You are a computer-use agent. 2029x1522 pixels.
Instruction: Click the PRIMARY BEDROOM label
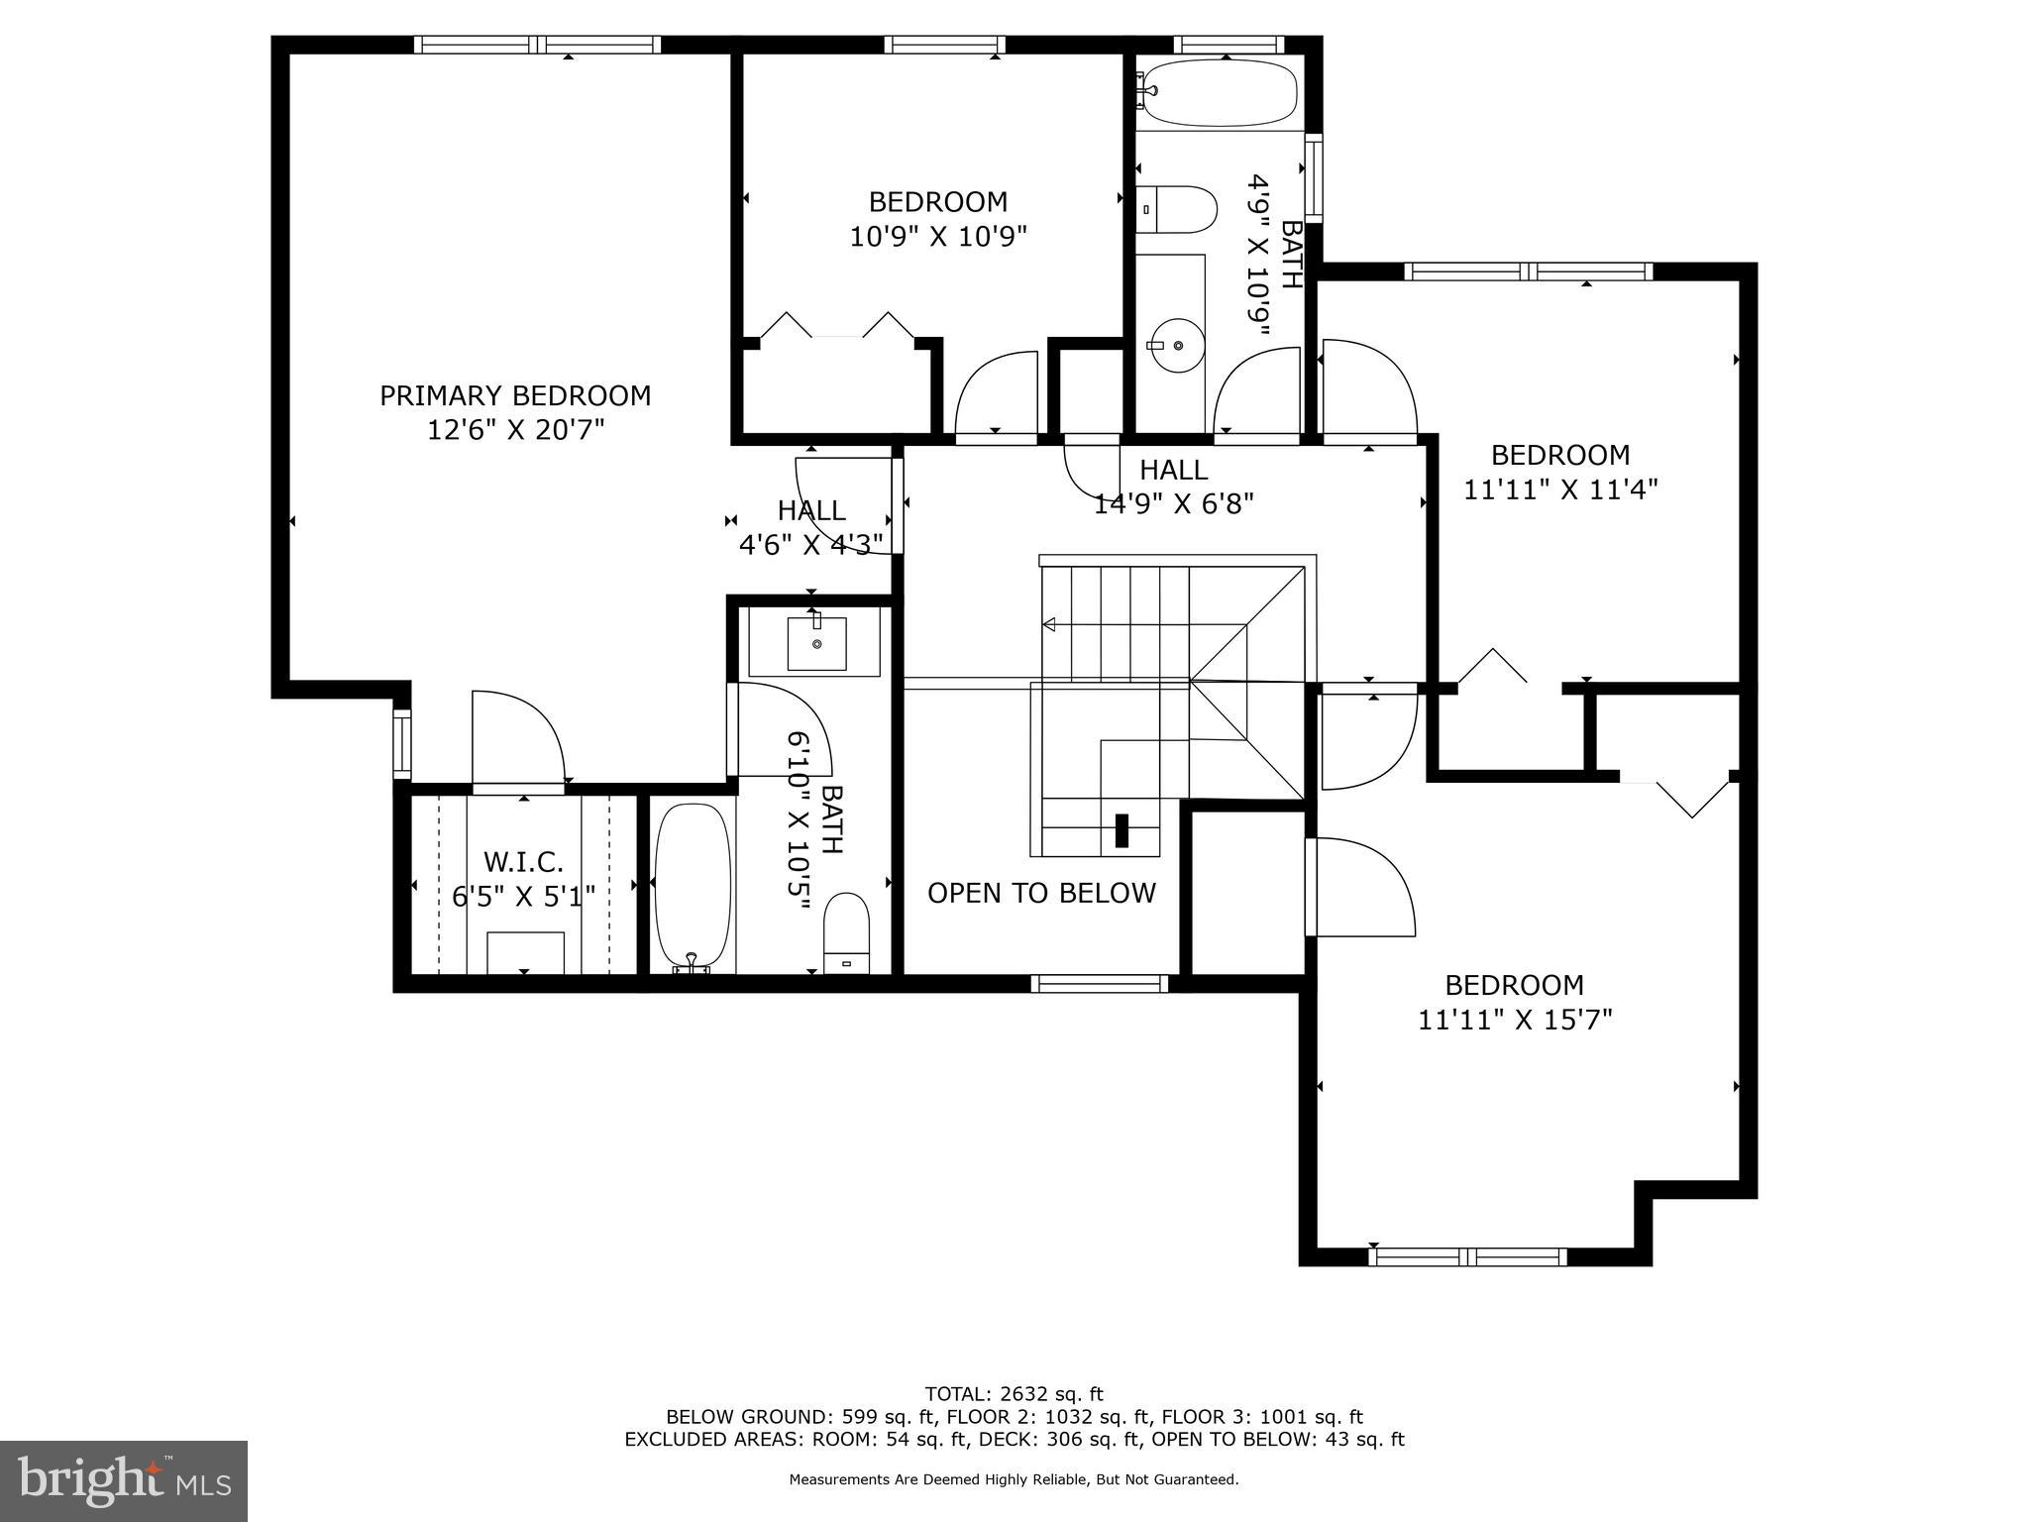[x=515, y=395]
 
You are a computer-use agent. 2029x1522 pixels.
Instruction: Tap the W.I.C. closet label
[x=523, y=861]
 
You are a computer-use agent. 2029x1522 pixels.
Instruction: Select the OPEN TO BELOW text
[x=1041, y=893]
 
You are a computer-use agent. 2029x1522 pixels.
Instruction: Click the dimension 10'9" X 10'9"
[x=938, y=237]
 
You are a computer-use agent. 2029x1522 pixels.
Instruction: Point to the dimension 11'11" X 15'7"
[x=1515, y=1020]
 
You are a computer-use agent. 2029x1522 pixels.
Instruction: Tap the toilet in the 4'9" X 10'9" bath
[x=1177, y=210]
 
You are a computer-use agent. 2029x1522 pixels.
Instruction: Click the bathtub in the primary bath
[x=694, y=885]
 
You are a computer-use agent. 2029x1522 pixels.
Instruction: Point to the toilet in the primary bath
[x=846, y=933]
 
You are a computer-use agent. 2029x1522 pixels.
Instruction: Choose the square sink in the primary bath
[x=816, y=643]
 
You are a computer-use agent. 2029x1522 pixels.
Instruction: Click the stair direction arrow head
[x=1049, y=624]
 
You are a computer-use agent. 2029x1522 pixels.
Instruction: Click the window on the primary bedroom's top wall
[x=537, y=45]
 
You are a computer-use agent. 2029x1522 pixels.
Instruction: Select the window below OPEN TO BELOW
[x=1100, y=983]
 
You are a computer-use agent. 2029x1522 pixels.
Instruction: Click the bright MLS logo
[x=124, y=1479]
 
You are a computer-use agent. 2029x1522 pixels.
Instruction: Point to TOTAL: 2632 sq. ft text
[x=1014, y=1394]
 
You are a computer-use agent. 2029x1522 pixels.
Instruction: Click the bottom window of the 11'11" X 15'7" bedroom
[x=1467, y=1257]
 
